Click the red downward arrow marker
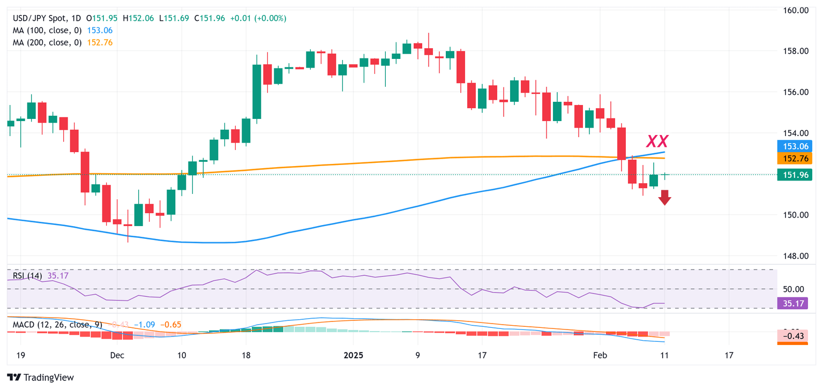[x=664, y=198]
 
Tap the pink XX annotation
[x=657, y=141]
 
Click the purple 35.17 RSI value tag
[x=791, y=304]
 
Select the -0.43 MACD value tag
[x=791, y=336]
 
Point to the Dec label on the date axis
[x=117, y=355]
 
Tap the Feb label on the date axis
[x=600, y=355]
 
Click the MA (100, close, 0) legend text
[x=47, y=30]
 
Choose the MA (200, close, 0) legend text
[x=47, y=42]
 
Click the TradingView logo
[x=41, y=377]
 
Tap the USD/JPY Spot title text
[x=38, y=18]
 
